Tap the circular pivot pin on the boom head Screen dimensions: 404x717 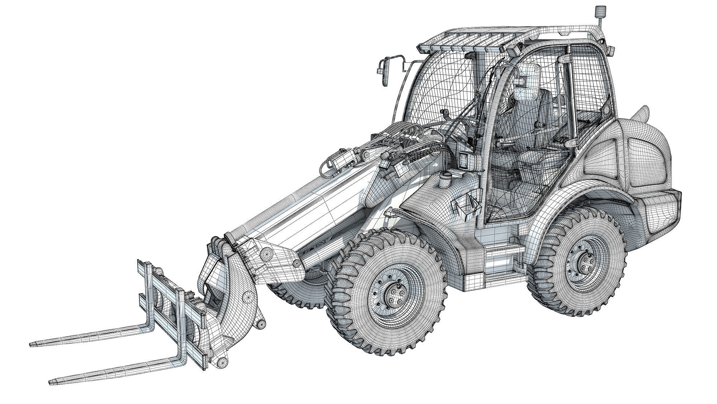[x=266, y=254]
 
